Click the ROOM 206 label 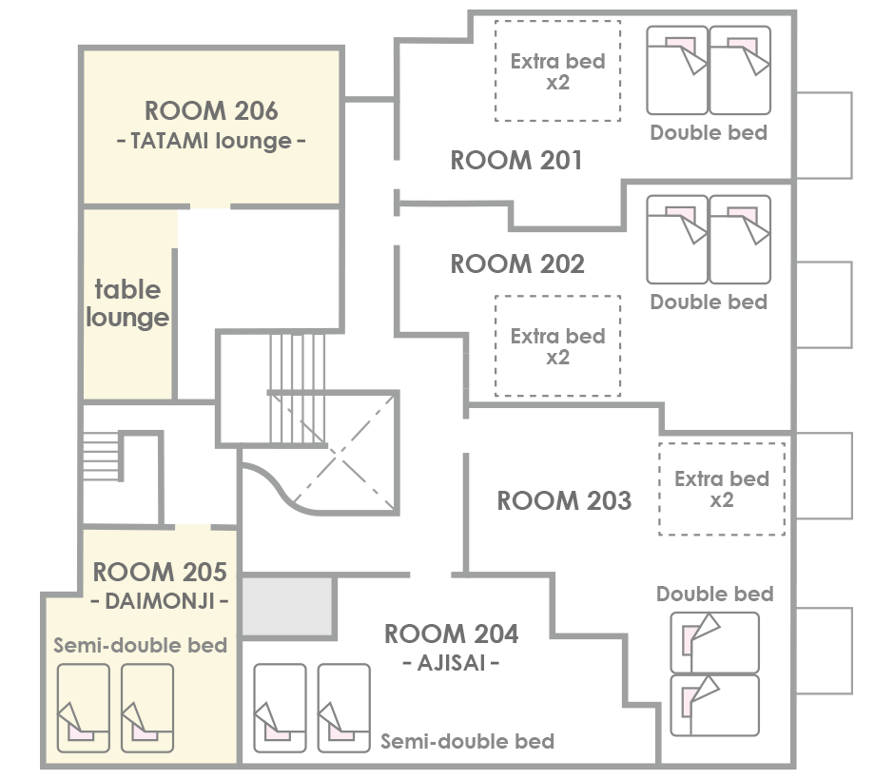(211, 110)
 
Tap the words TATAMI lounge (211, 141)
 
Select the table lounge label (127, 303)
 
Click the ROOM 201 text (516, 160)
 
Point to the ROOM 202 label (517, 264)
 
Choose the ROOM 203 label (564, 500)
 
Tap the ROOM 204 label (451, 634)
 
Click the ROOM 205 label (160, 572)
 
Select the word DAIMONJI (160, 601)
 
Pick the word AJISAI (451, 663)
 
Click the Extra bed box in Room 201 (557, 70)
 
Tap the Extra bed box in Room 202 (557, 345)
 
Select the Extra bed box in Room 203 (722, 489)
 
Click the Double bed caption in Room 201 (709, 133)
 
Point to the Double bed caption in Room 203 (715, 595)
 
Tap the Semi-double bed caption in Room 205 (140, 646)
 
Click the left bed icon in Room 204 (280, 708)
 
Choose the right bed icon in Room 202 (740, 240)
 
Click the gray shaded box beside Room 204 (287, 606)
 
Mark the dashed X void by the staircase (343, 452)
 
